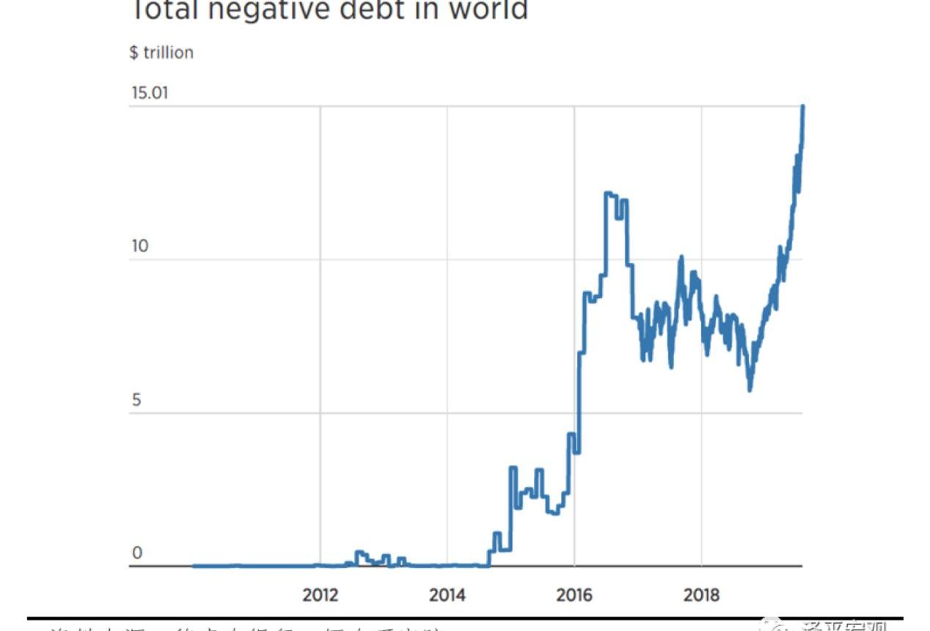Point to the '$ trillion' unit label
(161, 53)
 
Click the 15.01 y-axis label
(150, 93)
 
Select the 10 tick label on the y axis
(139, 246)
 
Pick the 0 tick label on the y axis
(136, 553)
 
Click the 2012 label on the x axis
(321, 594)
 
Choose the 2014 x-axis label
(447, 594)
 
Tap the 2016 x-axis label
(574, 594)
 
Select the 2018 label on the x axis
(701, 594)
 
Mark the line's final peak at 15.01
(803, 107)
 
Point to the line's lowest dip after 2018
(750, 389)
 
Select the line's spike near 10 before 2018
(681, 257)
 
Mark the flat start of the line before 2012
(220, 565)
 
